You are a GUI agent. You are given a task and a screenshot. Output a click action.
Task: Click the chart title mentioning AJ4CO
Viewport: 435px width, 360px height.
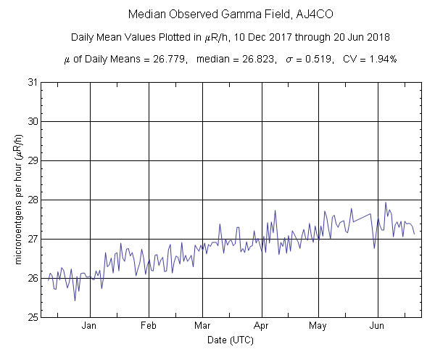[217, 15]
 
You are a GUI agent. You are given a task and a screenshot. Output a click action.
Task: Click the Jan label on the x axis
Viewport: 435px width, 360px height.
[90, 327]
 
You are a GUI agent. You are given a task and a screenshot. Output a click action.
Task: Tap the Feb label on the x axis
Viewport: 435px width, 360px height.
[149, 327]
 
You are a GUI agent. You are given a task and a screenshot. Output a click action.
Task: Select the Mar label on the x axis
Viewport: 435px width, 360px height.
[202, 327]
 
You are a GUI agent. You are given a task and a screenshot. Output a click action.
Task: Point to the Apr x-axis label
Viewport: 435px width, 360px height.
[261, 327]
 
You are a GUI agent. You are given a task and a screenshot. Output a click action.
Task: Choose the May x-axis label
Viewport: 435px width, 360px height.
[318, 327]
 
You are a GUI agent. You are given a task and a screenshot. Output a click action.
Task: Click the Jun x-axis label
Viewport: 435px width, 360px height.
[377, 327]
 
